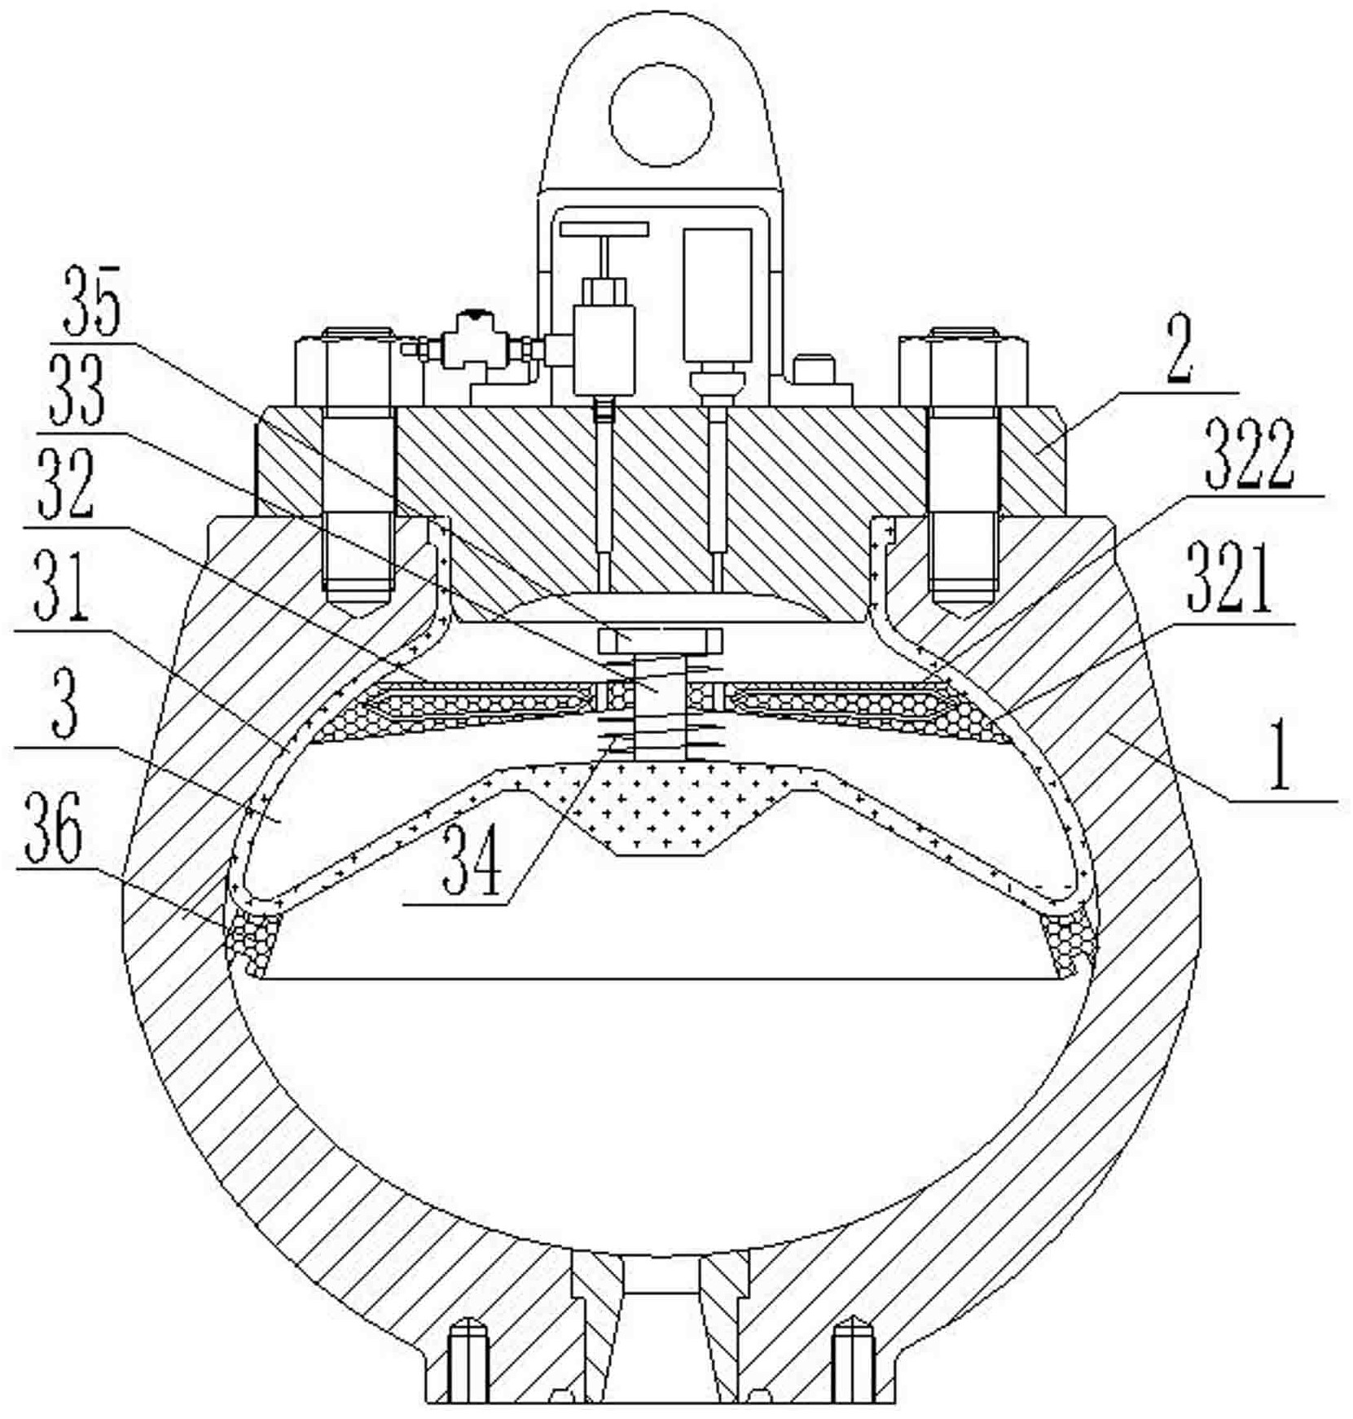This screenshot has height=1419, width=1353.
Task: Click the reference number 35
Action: pyautogui.click(x=93, y=301)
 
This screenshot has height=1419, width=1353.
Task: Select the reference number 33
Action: pyautogui.click(x=77, y=392)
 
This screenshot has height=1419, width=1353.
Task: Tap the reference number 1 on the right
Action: pyautogui.click(x=1280, y=753)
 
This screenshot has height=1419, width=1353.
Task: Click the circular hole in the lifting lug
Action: pyautogui.click(x=661, y=114)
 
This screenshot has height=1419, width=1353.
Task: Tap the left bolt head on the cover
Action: pyautogui.click(x=358, y=367)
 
